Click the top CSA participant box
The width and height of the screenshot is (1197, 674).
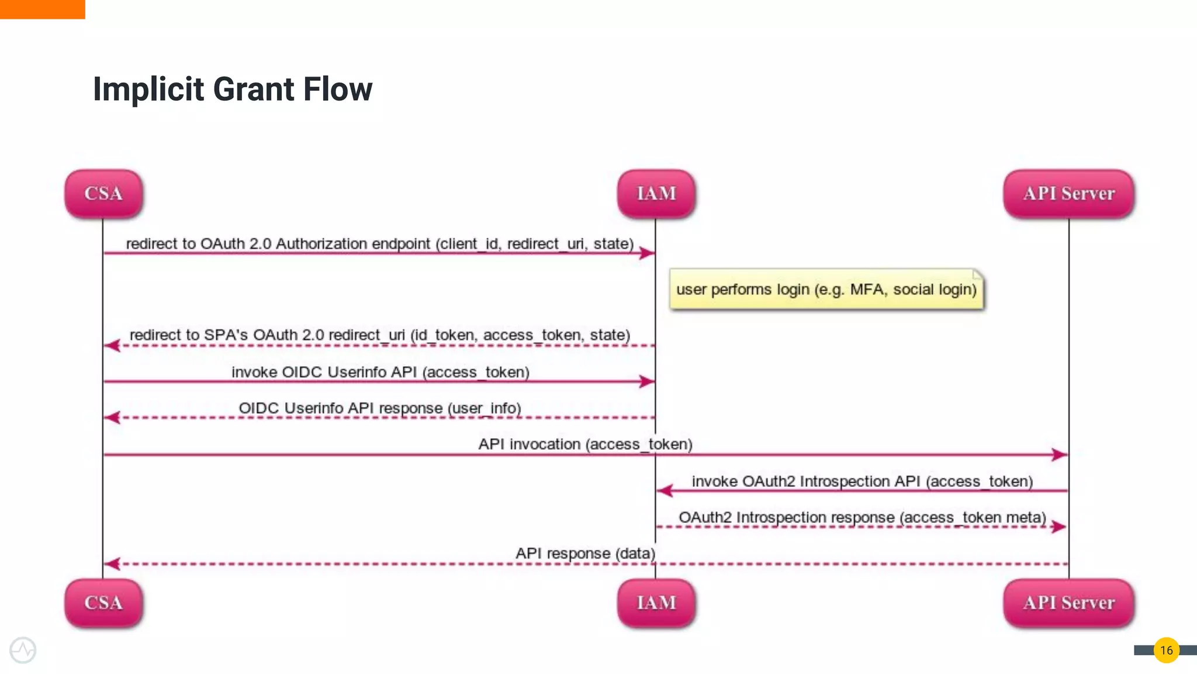(x=103, y=194)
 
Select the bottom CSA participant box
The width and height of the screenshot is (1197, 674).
(x=103, y=603)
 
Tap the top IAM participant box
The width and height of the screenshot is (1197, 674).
(x=656, y=194)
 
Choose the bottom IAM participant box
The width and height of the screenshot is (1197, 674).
(x=656, y=603)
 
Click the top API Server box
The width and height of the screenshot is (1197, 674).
(x=1068, y=194)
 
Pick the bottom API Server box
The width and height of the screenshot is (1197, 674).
(x=1068, y=603)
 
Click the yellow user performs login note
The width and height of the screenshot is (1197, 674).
(x=826, y=290)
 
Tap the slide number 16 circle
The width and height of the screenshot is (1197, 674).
(x=1166, y=650)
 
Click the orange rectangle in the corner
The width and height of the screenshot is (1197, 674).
(x=42, y=9)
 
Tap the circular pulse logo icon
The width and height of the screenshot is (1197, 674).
(x=23, y=650)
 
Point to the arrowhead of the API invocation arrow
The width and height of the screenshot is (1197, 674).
(x=1060, y=455)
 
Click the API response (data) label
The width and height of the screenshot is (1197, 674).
(x=584, y=553)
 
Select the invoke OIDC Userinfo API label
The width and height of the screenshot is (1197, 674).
(x=380, y=372)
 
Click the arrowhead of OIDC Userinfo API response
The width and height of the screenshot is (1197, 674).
(x=112, y=418)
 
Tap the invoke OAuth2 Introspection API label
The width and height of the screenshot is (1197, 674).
(x=862, y=482)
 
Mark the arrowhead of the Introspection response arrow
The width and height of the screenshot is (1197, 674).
(x=1058, y=527)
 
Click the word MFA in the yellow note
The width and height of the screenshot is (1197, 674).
(x=867, y=290)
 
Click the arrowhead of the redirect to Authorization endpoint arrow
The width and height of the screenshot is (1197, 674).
(x=646, y=253)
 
